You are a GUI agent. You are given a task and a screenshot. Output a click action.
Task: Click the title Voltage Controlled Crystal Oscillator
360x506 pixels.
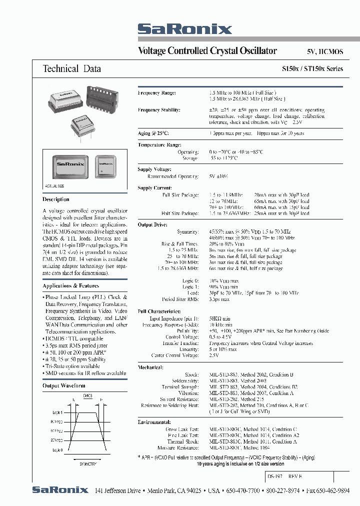pos(207,50)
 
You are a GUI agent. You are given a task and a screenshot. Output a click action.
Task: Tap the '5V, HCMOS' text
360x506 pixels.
pos(324,51)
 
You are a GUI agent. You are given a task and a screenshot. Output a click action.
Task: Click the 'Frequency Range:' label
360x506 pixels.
pos(156,93)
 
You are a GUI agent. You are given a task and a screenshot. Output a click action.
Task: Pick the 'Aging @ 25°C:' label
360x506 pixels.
pos(153,133)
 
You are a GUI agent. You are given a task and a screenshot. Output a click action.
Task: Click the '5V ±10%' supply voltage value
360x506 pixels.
pos(218,176)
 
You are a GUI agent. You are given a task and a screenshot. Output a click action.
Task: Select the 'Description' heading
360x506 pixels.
pos(56,199)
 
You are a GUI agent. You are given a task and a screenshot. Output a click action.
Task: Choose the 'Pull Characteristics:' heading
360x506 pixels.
pos(159,310)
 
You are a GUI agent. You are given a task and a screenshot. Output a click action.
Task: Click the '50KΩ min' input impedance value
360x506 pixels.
pos(220,318)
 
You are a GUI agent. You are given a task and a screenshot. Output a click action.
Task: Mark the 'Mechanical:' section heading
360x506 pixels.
pos(150,367)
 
